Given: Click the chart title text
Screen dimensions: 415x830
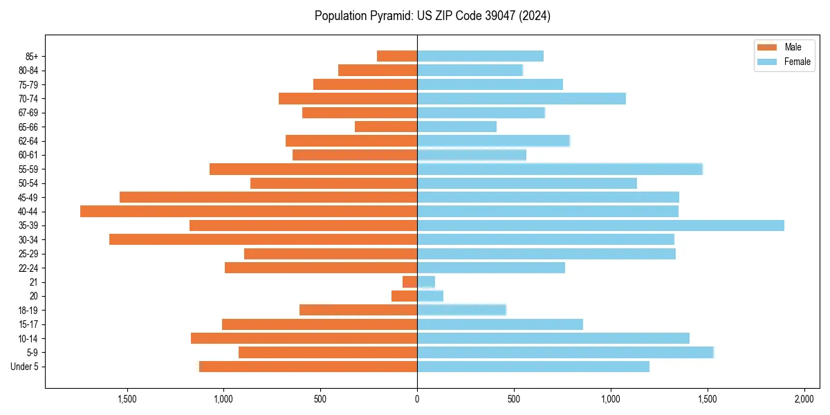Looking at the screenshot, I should tap(432, 16).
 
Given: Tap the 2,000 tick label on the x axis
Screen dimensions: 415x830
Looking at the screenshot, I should tap(804, 399).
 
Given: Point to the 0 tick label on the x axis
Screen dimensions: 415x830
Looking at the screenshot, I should tap(417, 399).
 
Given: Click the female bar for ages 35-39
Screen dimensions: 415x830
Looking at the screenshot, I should tap(600, 225).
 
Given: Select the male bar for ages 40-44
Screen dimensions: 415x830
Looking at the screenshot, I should tap(249, 211).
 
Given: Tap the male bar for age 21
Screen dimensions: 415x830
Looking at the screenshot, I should tap(410, 282).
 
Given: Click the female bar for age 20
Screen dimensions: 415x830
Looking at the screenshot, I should tap(430, 296).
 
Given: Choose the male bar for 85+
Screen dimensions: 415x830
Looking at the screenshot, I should tap(397, 56).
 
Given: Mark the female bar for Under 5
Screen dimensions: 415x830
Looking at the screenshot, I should tap(533, 367).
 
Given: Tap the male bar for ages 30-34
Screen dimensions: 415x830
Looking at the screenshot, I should tap(264, 239).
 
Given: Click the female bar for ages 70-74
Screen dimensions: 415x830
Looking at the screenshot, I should tap(522, 98).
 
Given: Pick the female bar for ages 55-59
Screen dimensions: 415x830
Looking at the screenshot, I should tap(560, 169).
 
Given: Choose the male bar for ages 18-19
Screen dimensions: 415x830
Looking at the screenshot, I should tap(358, 310).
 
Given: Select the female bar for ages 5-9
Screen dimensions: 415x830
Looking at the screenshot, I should tap(565, 352).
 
